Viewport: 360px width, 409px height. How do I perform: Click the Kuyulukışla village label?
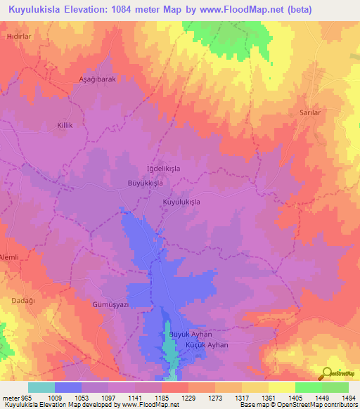pyautogui.click(x=181, y=202)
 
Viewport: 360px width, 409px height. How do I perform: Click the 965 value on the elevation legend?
pyautogui.click(x=21, y=397)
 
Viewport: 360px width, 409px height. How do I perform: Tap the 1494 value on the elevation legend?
pyautogui.click(x=349, y=397)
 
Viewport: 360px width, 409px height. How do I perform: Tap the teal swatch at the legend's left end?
pyautogui.click(x=41, y=387)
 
